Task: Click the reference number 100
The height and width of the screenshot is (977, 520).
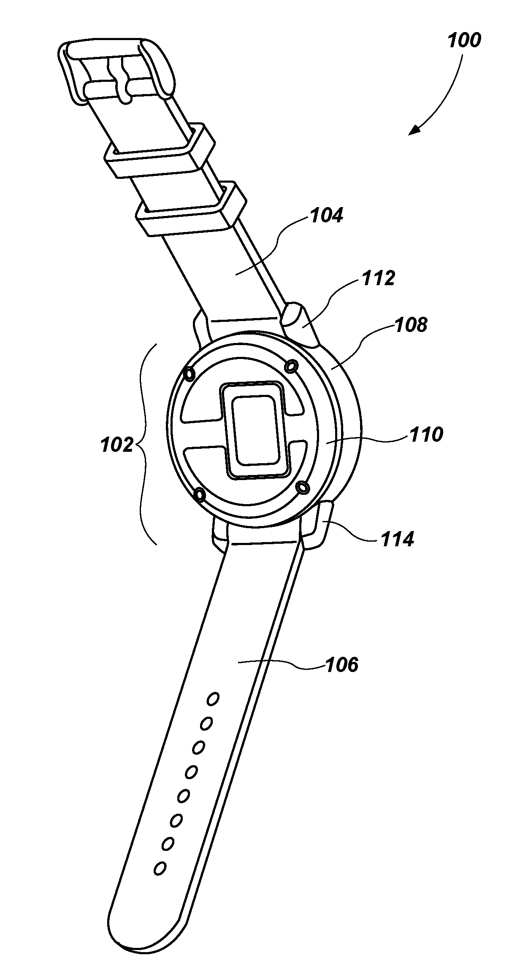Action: (464, 41)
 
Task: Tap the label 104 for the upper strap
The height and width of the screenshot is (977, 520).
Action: (327, 216)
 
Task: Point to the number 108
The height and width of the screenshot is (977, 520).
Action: (411, 325)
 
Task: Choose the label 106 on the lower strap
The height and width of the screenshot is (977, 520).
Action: (341, 664)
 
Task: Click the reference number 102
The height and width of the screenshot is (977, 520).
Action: (117, 445)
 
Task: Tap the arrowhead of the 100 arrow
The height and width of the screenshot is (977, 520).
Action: (414, 130)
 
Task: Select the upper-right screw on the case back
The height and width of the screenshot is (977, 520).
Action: (290, 367)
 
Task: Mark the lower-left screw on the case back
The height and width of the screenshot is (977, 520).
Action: (199, 494)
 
